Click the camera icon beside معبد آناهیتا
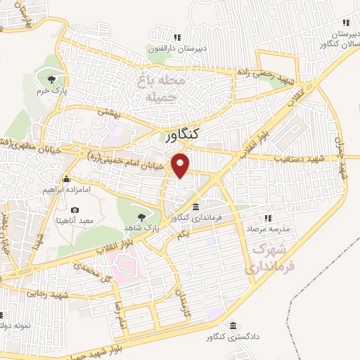pos(75,210)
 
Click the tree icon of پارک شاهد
pos(140,216)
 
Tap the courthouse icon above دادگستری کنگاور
pos(233,325)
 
